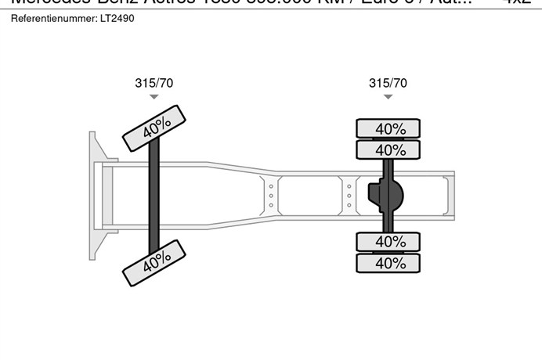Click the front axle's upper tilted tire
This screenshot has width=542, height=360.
(155, 128)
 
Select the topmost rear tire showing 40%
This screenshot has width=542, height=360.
(389, 128)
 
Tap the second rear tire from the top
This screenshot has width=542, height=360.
(389, 149)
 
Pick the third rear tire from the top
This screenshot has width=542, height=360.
(389, 242)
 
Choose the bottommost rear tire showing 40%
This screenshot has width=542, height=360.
(389, 263)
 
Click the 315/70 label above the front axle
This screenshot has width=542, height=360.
(154, 83)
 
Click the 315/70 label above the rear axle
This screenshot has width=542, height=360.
(388, 83)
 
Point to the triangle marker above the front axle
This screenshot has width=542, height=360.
(154, 97)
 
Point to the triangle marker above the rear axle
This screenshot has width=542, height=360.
(388, 97)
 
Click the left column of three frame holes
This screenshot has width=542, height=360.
(271, 196)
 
